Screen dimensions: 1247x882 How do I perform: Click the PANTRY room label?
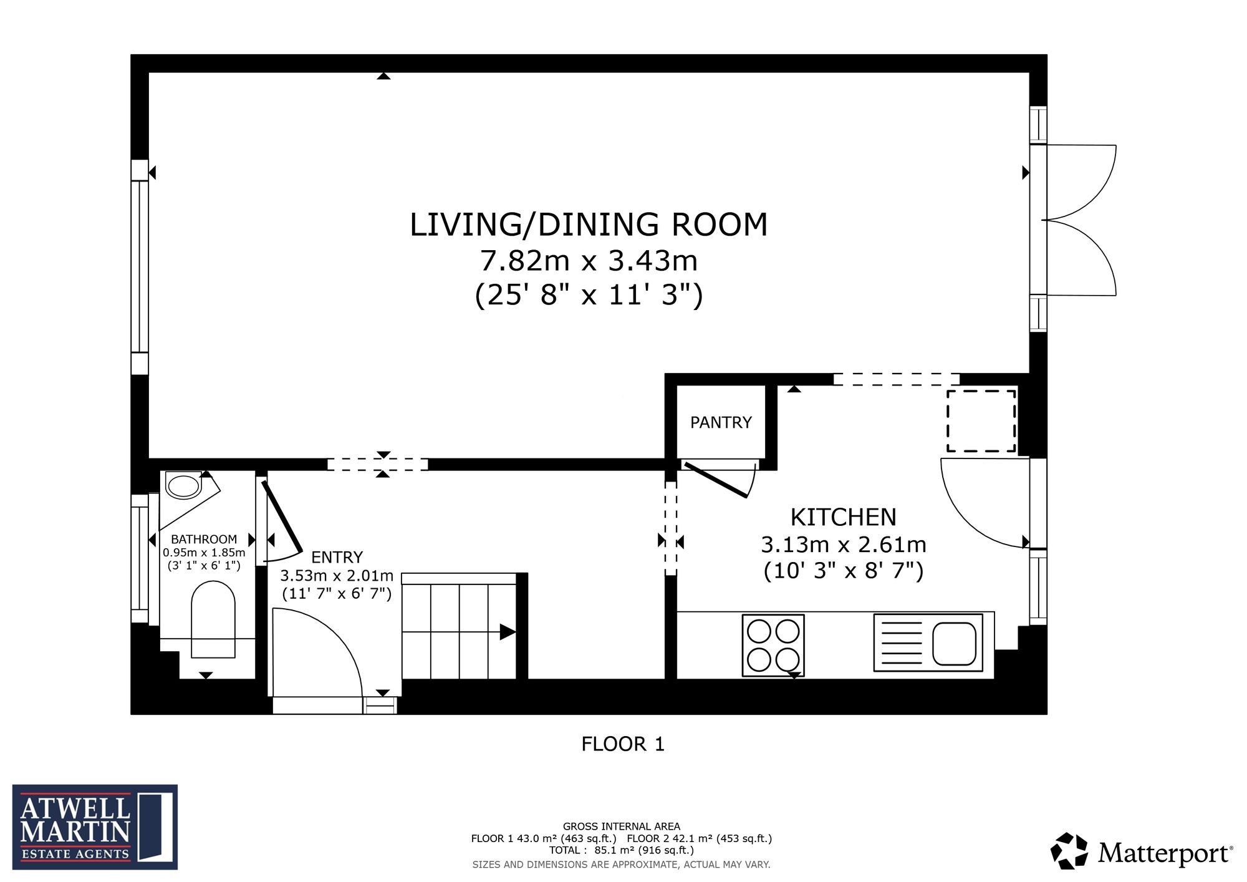(721, 422)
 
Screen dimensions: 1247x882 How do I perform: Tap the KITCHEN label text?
(843, 517)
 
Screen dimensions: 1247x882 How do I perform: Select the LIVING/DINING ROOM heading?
(589, 225)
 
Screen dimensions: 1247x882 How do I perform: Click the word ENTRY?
(337, 557)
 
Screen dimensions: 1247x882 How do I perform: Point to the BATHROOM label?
(204, 539)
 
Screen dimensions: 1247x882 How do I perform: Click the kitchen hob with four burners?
(773, 646)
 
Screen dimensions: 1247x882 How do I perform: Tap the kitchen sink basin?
(954, 643)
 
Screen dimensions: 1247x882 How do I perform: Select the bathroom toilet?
(213, 619)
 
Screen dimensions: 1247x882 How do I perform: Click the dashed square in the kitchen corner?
(981, 421)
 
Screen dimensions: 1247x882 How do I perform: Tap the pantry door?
(715, 480)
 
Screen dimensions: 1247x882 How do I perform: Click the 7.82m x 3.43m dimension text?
(589, 260)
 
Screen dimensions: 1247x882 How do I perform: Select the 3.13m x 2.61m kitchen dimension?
(843, 545)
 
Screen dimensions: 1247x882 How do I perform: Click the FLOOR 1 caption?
(623, 744)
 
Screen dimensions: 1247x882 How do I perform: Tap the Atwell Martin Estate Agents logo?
(95, 827)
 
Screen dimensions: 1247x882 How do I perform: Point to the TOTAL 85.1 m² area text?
(621, 850)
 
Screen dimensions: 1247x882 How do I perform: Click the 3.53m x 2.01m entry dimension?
(337, 575)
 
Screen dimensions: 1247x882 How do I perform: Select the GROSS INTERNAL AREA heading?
(622, 826)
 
